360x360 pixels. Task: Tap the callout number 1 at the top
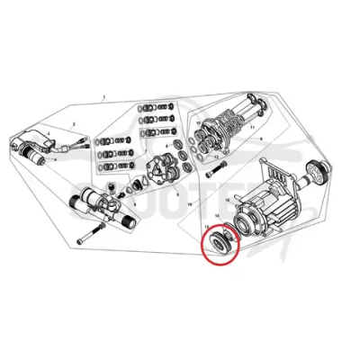(x=105, y=96)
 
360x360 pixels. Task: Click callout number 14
(x=216, y=219)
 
